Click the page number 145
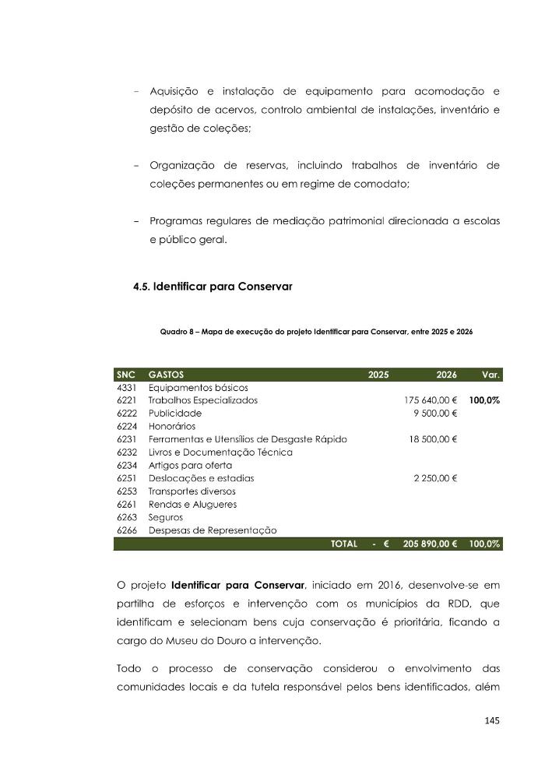(491, 720)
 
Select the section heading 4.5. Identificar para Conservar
(213, 287)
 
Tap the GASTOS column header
(167, 375)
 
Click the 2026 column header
(447, 375)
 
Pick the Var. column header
(490, 375)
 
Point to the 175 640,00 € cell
(431, 400)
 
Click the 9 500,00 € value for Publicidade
(435, 414)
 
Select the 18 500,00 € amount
(433, 439)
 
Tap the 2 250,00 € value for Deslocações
(435, 478)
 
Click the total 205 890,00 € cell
(430, 544)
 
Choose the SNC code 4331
(126, 387)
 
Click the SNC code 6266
(126, 530)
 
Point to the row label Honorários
(174, 426)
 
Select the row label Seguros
(166, 517)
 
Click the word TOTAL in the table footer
(343, 544)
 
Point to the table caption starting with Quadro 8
(316, 331)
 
